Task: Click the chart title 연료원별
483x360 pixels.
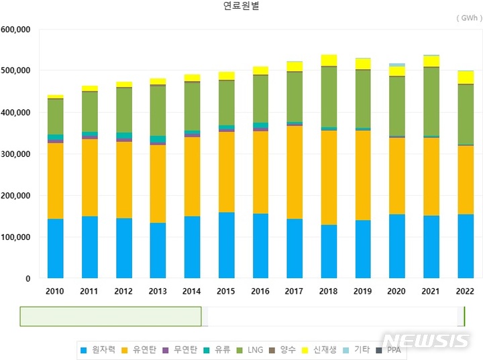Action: pos(241,6)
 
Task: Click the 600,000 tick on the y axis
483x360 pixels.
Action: pos(15,29)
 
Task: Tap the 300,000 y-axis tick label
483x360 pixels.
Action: pos(15,154)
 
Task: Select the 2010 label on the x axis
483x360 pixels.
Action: pos(55,292)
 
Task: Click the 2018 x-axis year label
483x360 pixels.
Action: pos(329,292)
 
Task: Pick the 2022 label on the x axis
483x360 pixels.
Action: pos(465,292)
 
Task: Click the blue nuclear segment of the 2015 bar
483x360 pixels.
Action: pos(226,245)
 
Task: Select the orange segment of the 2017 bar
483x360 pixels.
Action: pos(294,172)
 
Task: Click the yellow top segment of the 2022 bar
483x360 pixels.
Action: pos(465,77)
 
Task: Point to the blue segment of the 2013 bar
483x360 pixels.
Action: pos(158,251)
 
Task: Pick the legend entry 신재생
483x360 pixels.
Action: pos(321,350)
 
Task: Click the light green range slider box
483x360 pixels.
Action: pos(111,316)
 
